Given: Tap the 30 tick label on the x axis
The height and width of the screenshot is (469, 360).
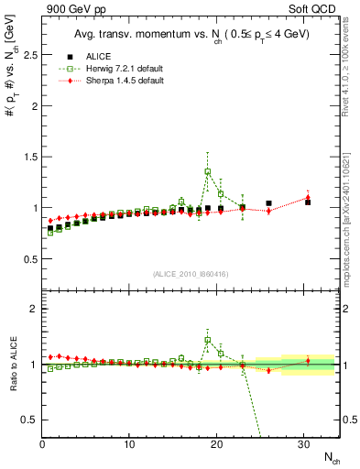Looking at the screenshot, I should (303, 444).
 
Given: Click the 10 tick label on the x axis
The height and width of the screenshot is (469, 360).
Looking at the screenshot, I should (129, 444).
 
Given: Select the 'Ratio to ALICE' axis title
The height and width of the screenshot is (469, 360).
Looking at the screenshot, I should (12, 364).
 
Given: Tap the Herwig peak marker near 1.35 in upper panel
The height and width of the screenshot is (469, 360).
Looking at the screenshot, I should (208, 171).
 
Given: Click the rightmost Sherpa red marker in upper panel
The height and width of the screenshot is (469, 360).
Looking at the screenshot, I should (308, 197).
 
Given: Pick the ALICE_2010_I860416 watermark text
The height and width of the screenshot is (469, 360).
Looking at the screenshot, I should (191, 274).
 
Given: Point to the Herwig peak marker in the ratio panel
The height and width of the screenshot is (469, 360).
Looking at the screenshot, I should (208, 340).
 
